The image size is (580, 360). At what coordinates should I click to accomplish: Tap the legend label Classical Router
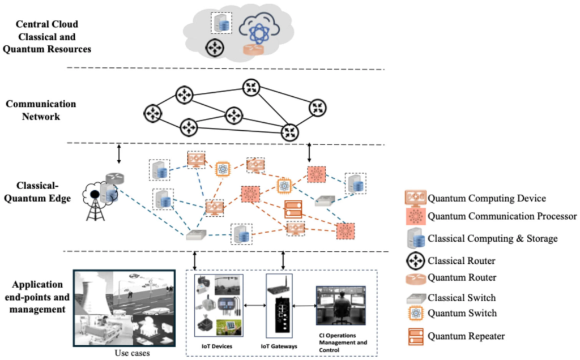tap(462, 262)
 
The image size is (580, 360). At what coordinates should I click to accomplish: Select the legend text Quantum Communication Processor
tap(502, 216)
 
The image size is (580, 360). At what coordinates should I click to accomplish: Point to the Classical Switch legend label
tap(462, 298)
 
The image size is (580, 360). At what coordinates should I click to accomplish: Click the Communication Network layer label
tap(40, 110)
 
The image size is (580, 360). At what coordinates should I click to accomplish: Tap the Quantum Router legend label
tap(462, 278)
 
